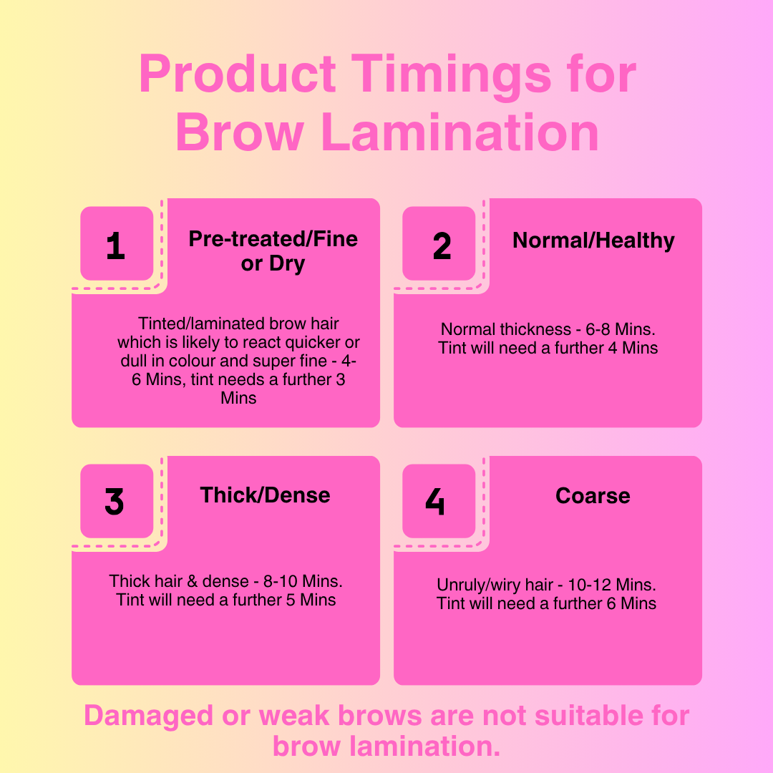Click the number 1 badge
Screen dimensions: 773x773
click(x=117, y=243)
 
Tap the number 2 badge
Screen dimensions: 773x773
click(x=439, y=243)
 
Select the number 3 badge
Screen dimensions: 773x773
click(x=117, y=501)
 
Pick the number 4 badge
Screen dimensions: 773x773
click(x=439, y=501)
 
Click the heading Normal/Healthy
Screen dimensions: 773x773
click(x=593, y=241)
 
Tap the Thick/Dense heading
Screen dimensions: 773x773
click(x=266, y=495)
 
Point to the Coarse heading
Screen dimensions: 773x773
click(x=593, y=496)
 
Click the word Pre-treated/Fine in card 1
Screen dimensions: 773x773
click(x=273, y=238)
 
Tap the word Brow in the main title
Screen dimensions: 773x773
click(x=240, y=132)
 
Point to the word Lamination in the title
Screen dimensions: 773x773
click(x=460, y=132)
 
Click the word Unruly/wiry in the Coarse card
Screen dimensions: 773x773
click(x=478, y=585)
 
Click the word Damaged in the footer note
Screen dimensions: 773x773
click(x=148, y=716)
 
